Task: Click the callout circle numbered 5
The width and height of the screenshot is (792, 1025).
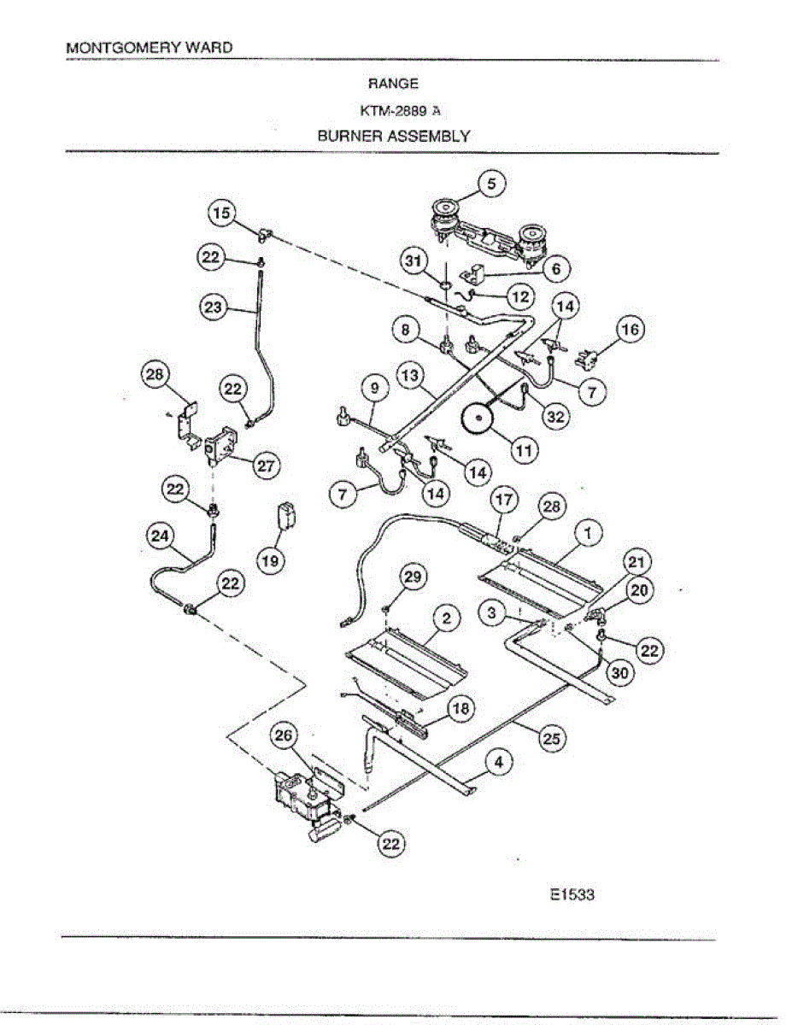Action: click(x=491, y=184)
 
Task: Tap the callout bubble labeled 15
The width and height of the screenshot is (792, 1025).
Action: click(x=221, y=214)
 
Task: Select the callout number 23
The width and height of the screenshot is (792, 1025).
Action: click(x=212, y=307)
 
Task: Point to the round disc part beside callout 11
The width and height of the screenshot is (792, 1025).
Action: click(x=478, y=419)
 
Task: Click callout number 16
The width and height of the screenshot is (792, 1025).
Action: click(x=631, y=329)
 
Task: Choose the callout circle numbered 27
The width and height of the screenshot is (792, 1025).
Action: click(x=266, y=466)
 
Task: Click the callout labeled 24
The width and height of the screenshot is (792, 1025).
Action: click(x=161, y=536)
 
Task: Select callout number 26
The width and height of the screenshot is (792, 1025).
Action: click(x=284, y=735)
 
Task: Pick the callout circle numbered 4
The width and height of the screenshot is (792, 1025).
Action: click(x=499, y=762)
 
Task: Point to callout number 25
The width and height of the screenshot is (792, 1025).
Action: click(x=551, y=738)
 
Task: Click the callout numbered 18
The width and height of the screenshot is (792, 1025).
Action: click(x=461, y=708)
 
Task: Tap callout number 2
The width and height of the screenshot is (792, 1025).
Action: click(x=446, y=618)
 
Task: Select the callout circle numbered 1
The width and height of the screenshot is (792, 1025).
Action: click(x=588, y=534)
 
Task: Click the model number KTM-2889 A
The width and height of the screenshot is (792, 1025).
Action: click(x=401, y=110)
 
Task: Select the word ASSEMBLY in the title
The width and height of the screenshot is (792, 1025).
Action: click(x=429, y=137)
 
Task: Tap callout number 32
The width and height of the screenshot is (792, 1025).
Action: click(x=555, y=417)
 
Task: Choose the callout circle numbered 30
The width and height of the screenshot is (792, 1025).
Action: click(x=619, y=673)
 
